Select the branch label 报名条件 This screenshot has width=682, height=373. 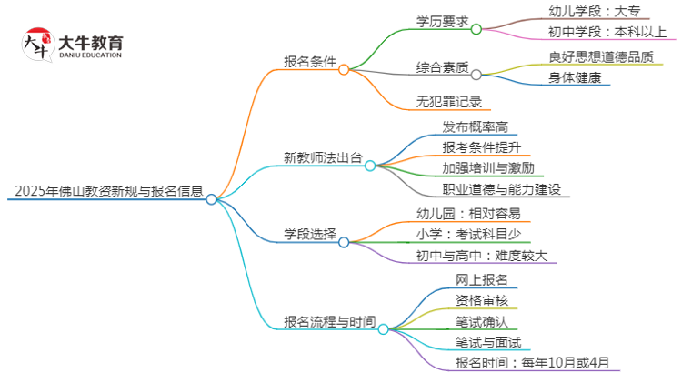(x=310, y=62)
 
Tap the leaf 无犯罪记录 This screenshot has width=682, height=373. (x=448, y=101)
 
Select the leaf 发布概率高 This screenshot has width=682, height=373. (x=473, y=126)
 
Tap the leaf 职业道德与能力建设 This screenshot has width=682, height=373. (x=501, y=189)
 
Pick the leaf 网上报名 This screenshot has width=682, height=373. (x=482, y=278)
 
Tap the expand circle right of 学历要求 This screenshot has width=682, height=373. (x=476, y=28)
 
